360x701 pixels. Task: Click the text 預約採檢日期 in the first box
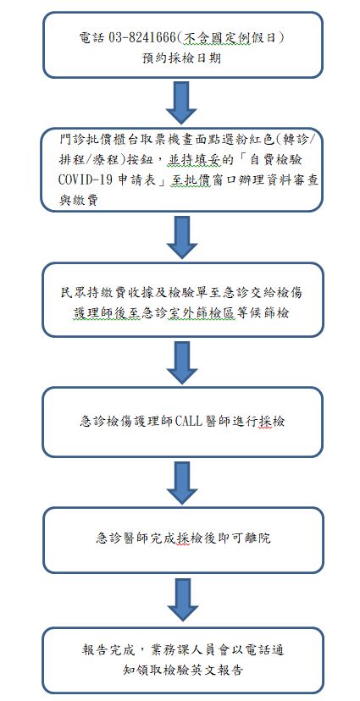click(181, 58)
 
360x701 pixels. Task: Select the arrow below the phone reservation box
click(181, 102)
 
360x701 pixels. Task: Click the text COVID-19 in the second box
click(86, 179)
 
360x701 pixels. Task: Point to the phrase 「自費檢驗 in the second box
click(263, 160)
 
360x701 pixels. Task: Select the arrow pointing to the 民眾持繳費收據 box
click(181, 237)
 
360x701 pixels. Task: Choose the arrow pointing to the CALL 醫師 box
click(181, 362)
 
